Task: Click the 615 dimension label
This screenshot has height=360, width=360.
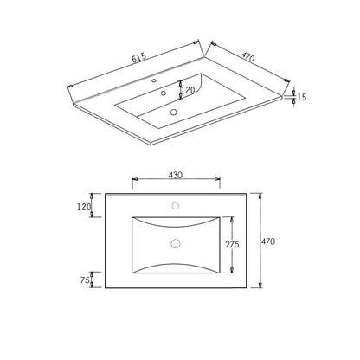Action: tap(139, 58)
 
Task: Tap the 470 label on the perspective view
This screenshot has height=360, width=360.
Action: tap(248, 57)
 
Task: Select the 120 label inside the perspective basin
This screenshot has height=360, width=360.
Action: tap(188, 90)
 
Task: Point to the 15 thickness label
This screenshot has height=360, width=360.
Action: tap(302, 97)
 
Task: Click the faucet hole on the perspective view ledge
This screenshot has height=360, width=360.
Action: tap(154, 80)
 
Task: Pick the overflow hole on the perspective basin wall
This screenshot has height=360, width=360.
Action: tap(164, 93)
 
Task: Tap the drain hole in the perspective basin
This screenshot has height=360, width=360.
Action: tap(173, 112)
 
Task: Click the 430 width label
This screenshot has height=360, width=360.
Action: tap(176, 175)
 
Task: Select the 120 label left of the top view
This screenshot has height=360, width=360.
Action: tap(84, 207)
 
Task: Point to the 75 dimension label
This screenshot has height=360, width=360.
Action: tap(85, 280)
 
